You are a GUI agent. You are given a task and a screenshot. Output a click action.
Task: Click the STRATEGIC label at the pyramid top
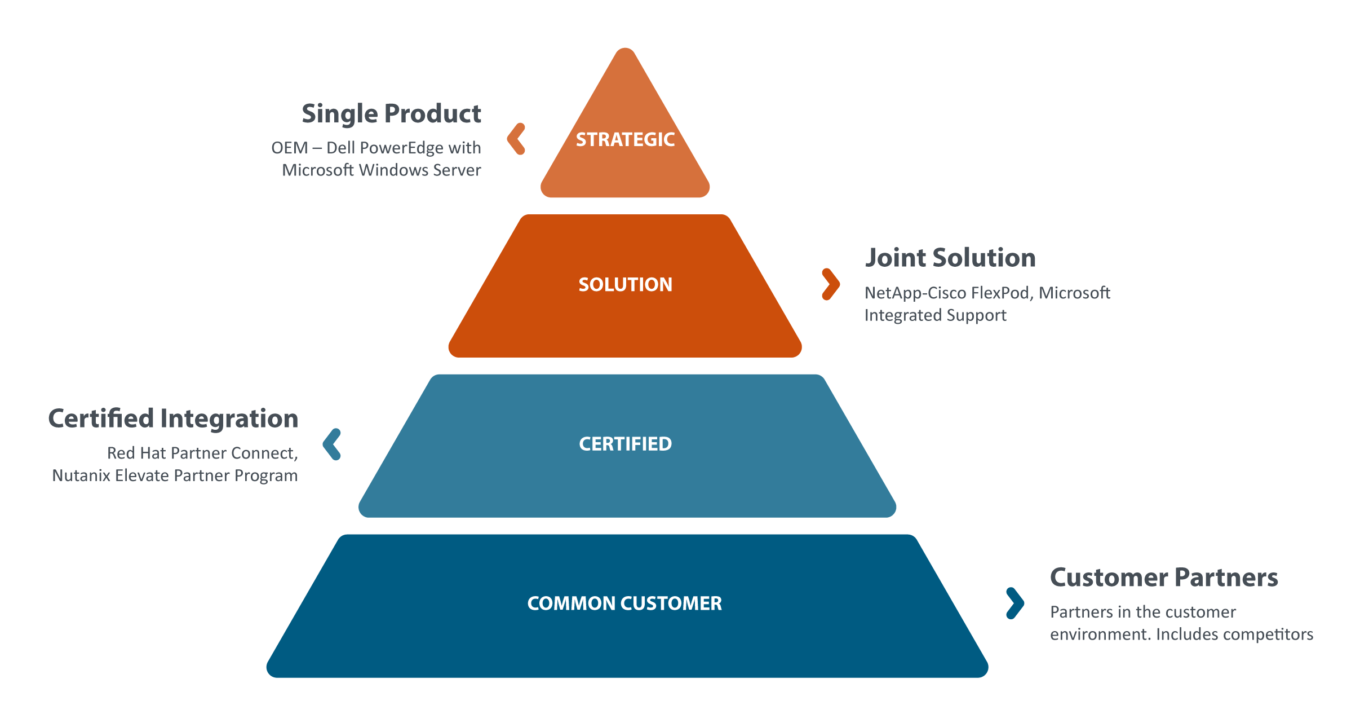[x=625, y=139]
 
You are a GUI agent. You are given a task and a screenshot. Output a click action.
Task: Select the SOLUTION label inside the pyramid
[x=626, y=284]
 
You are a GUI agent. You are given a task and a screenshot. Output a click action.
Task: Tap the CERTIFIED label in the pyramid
[x=626, y=444]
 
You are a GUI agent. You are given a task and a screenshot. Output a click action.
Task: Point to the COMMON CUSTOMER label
[x=624, y=603]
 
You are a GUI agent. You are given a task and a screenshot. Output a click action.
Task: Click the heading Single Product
[x=391, y=114]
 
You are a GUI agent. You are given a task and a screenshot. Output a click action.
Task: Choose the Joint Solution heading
[x=950, y=258]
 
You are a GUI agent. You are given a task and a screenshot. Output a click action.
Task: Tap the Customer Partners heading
[x=1164, y=578]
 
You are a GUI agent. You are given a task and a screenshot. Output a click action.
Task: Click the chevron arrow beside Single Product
[x=516, y=139]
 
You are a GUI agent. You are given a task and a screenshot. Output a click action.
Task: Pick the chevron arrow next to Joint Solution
[x=831, y=284]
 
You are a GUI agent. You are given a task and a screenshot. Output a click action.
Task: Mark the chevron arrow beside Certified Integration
[x=332, y=444]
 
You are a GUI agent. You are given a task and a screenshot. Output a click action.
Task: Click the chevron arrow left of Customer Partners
[x=1015, y=603]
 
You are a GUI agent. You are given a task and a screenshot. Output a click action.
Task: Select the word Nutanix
[x=81, y=475]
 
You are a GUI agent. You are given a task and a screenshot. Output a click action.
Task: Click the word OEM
[x=290, y=148]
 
